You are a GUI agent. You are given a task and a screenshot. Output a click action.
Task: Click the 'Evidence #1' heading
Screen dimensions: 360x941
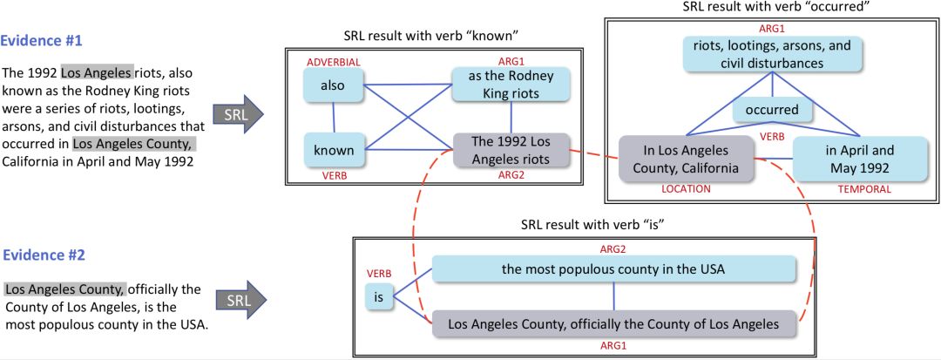(x=46, y=41)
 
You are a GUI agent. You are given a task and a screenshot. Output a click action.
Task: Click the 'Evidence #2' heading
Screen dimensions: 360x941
(x=46, y=255)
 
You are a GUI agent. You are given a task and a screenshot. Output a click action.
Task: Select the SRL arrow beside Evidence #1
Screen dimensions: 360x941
(x=238, y=113)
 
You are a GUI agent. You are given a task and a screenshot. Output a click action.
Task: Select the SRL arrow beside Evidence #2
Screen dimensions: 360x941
(x=238, y=299)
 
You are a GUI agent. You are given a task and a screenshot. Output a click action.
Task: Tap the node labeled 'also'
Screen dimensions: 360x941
(x=333, y=85)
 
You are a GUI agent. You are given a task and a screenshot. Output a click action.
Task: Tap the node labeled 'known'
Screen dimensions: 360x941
(x=333, y=150)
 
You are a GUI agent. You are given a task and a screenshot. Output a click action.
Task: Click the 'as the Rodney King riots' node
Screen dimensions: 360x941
(x=511, y=85)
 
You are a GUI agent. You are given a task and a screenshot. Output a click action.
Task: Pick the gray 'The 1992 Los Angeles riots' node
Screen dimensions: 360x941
(x=511, y=150)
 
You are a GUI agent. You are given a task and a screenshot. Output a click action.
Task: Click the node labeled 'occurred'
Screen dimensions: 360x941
(x=771, y=110)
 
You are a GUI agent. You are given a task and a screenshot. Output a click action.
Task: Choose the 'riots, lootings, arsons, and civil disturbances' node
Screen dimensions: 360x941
(x=772, y=53)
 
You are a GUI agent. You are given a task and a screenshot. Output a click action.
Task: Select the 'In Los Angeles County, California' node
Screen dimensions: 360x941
(x=686, y=159)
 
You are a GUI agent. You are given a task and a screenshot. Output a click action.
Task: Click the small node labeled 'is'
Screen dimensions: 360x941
(x=378, y=298)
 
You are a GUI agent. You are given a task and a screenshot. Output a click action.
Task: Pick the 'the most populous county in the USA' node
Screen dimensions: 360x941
(x=613, y=268)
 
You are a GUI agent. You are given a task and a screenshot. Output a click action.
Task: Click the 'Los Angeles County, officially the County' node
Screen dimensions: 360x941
(x=613, y=324)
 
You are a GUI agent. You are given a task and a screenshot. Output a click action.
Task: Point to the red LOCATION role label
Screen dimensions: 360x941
(x=686, y=188)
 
